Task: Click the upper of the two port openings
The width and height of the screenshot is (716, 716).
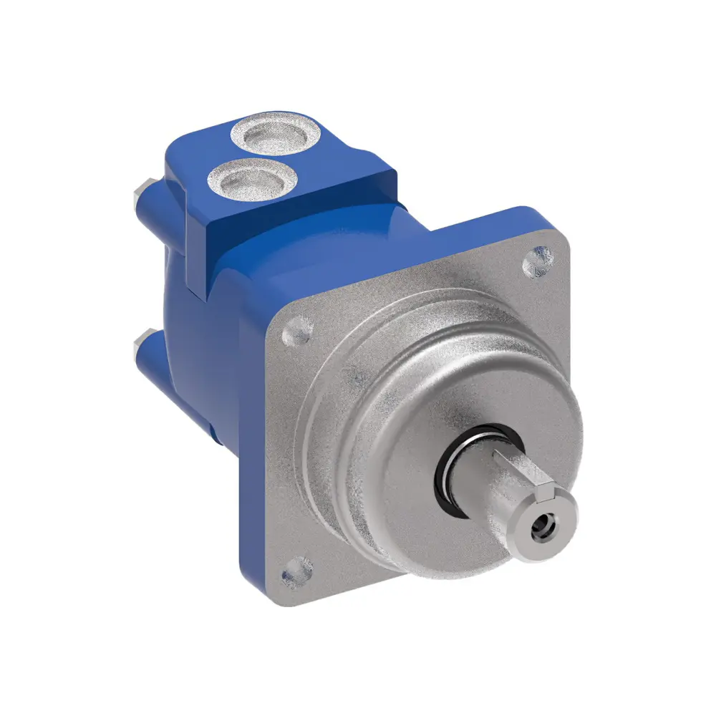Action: [274, 135]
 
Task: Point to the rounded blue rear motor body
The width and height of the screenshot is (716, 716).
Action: [193, 372]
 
